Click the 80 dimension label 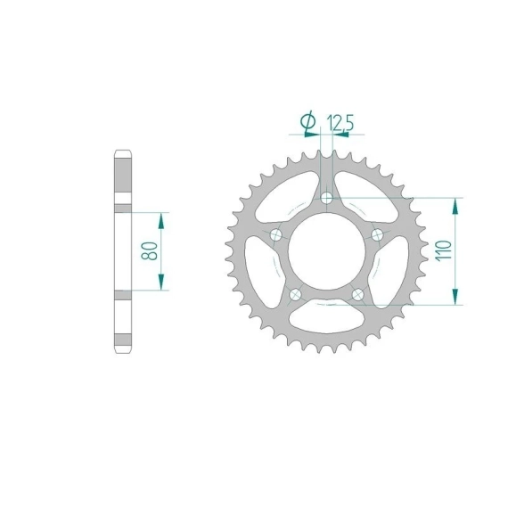[150, 250]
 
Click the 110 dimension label [444, 250]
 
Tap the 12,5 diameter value [340, 122]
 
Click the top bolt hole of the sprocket [326, 198]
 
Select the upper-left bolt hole [276, 234]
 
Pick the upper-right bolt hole [377, 234]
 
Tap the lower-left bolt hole [295, 294]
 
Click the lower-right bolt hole [357, 294]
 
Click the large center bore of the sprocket [326, 251]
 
